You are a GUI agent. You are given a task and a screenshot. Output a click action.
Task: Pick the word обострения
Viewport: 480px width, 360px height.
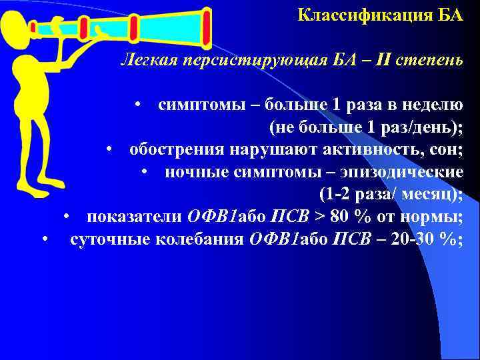coord(174,149)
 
